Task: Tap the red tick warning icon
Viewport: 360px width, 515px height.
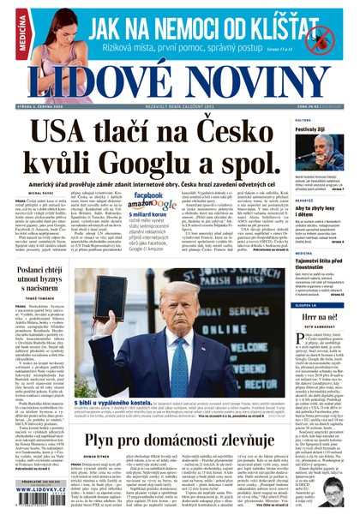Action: (322, 37)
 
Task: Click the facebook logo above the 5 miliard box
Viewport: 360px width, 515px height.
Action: (149, 195)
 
